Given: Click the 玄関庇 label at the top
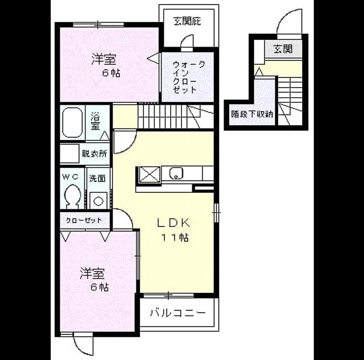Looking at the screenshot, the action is coord(187,22).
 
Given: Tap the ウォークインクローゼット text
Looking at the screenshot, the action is coord(188,77).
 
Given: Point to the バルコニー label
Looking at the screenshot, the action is coord(177,313).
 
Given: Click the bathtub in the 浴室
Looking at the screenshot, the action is coord(72,123).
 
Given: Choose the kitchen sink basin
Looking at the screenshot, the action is coord(176,173).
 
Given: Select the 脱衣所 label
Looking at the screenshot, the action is coord(95,154).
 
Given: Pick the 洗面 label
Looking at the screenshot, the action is coord(97,179).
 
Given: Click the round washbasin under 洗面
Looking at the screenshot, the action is coord(98,200).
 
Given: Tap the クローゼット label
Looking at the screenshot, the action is coord(84,220).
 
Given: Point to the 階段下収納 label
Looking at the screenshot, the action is coord(252,114).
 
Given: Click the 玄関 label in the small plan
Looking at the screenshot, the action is coord(283,49).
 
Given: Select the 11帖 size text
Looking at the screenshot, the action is coord(175,238).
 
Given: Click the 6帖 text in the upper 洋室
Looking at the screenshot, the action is coord(111,73).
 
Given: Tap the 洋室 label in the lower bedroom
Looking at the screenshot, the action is coord(92,274).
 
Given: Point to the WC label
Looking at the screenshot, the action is coord(71,177).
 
